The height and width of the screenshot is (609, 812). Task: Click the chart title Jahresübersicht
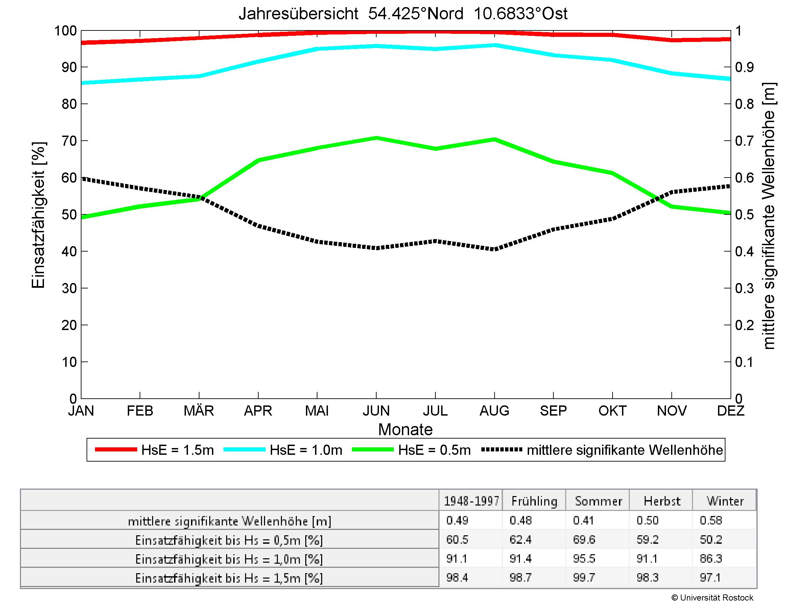point(403,14)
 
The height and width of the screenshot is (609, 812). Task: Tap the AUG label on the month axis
point(494,411)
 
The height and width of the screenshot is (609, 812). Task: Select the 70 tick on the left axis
point(69,141)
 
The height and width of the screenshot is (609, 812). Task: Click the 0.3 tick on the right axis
point(744,288)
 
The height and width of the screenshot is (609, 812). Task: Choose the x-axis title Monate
point(405,429)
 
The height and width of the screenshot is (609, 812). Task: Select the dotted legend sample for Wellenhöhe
point(501,450)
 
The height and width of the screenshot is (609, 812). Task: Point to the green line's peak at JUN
point(376,138)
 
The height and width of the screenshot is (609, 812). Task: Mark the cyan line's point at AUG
point(495,46)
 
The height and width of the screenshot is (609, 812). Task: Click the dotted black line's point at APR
point(258,226)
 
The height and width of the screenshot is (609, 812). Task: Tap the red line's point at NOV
point(672,40)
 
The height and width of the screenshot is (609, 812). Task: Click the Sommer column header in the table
point(598,501)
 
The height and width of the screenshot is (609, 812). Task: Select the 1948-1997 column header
point(471,501)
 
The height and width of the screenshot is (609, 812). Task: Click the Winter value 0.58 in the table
point(711,520)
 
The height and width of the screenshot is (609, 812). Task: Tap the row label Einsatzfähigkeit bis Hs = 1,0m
point(229,559)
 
